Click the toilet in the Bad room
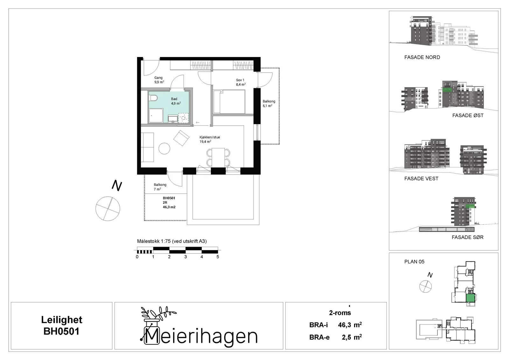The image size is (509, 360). (x=153, y=98)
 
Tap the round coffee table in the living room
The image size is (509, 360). (x=164, y=149)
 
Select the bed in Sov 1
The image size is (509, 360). (x=229, y=102)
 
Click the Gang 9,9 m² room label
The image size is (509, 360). (x=159, y=80)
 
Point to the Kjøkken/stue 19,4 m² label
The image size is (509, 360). (x=210, y=139)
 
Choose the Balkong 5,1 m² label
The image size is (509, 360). (x=269, y=103)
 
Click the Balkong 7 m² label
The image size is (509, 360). (x=160, y=187)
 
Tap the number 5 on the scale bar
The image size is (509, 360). (x=218, y=257)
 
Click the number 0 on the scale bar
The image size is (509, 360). (x=137, y=257)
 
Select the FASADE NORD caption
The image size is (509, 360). (x=422, y=57)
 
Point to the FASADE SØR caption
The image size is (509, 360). (x=467, y=237)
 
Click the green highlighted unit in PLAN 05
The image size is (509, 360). (x=470, y=298)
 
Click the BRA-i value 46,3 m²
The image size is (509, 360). (x=350, y=325)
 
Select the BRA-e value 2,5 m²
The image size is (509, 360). (x=352, y=337)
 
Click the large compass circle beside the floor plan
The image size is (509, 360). (x=108, y=208)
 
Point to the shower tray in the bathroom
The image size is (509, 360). (x=156, y=116)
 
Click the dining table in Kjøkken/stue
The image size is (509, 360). (x=218, y=157)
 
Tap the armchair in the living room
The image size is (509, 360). (x=181, y=138)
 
